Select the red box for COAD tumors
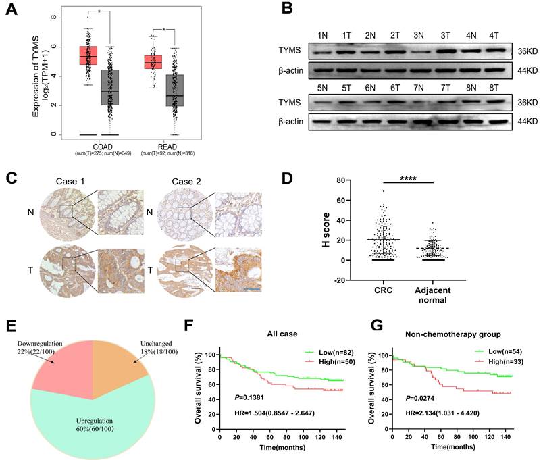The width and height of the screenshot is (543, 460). click(x=88, y=55)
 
